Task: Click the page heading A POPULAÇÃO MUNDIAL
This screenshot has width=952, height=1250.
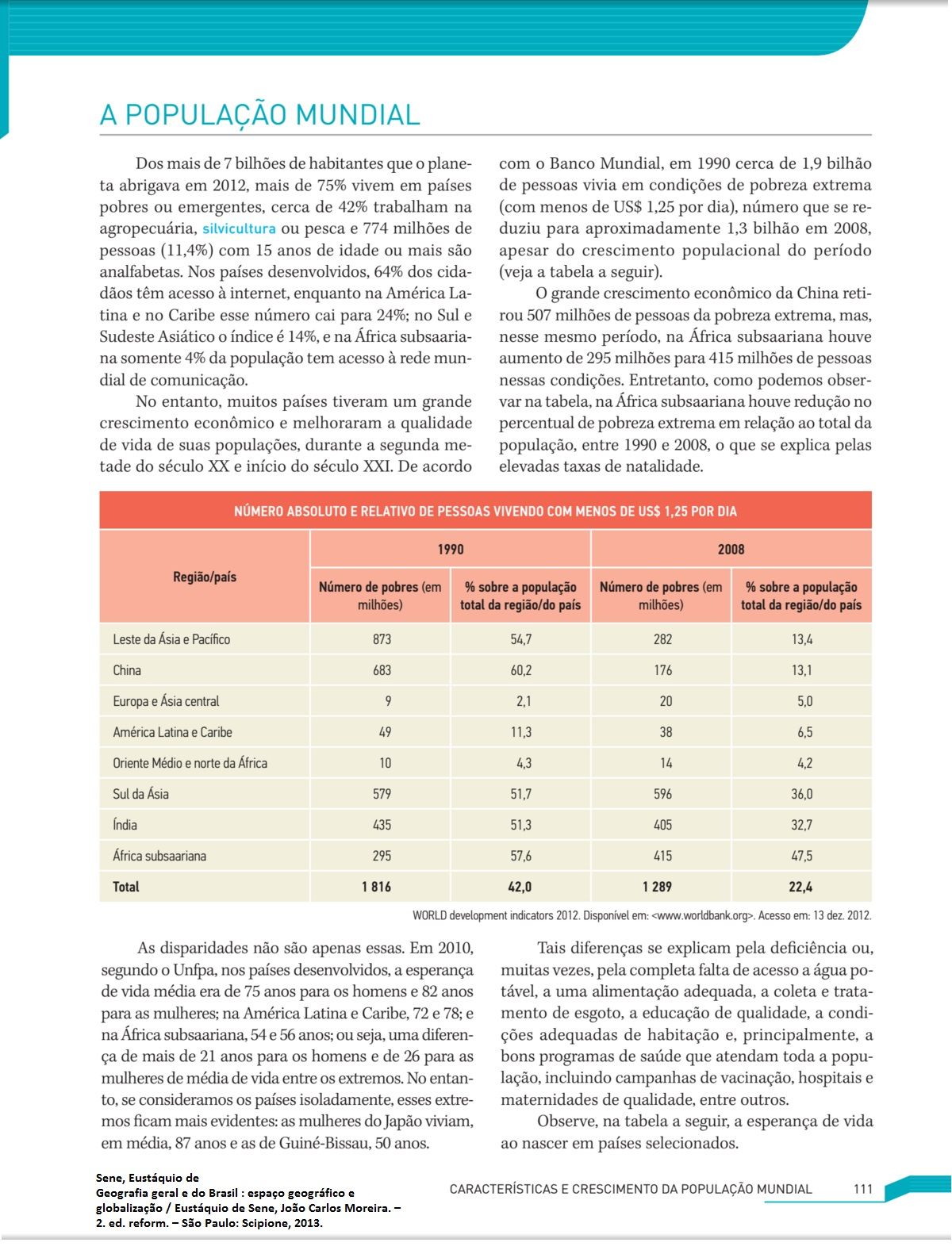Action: pyautogui.click(x=259, y=115)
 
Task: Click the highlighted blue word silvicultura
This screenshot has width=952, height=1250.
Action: pyautogui.click(x=239, y=228)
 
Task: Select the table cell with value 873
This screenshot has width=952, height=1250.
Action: pyautogui.click(x=382, y=639)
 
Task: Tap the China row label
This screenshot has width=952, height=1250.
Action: pyautogui.click(x=127, y=670)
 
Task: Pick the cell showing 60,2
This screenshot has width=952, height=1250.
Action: pyautogui.click(x=520, y=670)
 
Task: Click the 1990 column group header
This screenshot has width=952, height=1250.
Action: pyautogui.click(x=450, y=549)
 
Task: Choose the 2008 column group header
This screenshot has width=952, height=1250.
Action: pyautogui.click(x=731, y=549)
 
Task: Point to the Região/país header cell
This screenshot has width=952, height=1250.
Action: pyautogui.click(x=205, y=577)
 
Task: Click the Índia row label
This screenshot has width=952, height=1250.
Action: pyautogui.click(x=125, y=825)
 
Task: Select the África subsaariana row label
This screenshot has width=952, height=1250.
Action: pyautogui.click(x=159, y=856)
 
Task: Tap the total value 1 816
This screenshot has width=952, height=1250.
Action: pyautogui.click(x=376, y=887)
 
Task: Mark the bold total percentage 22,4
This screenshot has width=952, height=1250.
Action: pyautogui.click(x=800, y=887)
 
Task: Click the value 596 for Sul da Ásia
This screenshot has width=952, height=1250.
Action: pyautogui.click(x=662, y=794)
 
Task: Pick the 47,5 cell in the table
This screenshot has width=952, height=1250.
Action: pyautogui.click(x=801, y=856)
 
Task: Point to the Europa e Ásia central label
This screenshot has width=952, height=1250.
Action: pyautogui.click(x=166, y=701)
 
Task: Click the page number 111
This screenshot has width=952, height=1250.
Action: pyautogui.click(x=862, y=1189)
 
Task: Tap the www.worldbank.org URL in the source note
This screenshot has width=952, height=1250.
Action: pyautogui.click(x=701, y=915)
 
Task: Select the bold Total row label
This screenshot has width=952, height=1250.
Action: pyautogui.click(x=125, y=887)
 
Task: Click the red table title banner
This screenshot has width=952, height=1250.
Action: pyautogui.click(x=485, y=511)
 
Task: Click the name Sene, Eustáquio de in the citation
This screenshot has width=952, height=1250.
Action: pyautogui.click(x=148, y=1178)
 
